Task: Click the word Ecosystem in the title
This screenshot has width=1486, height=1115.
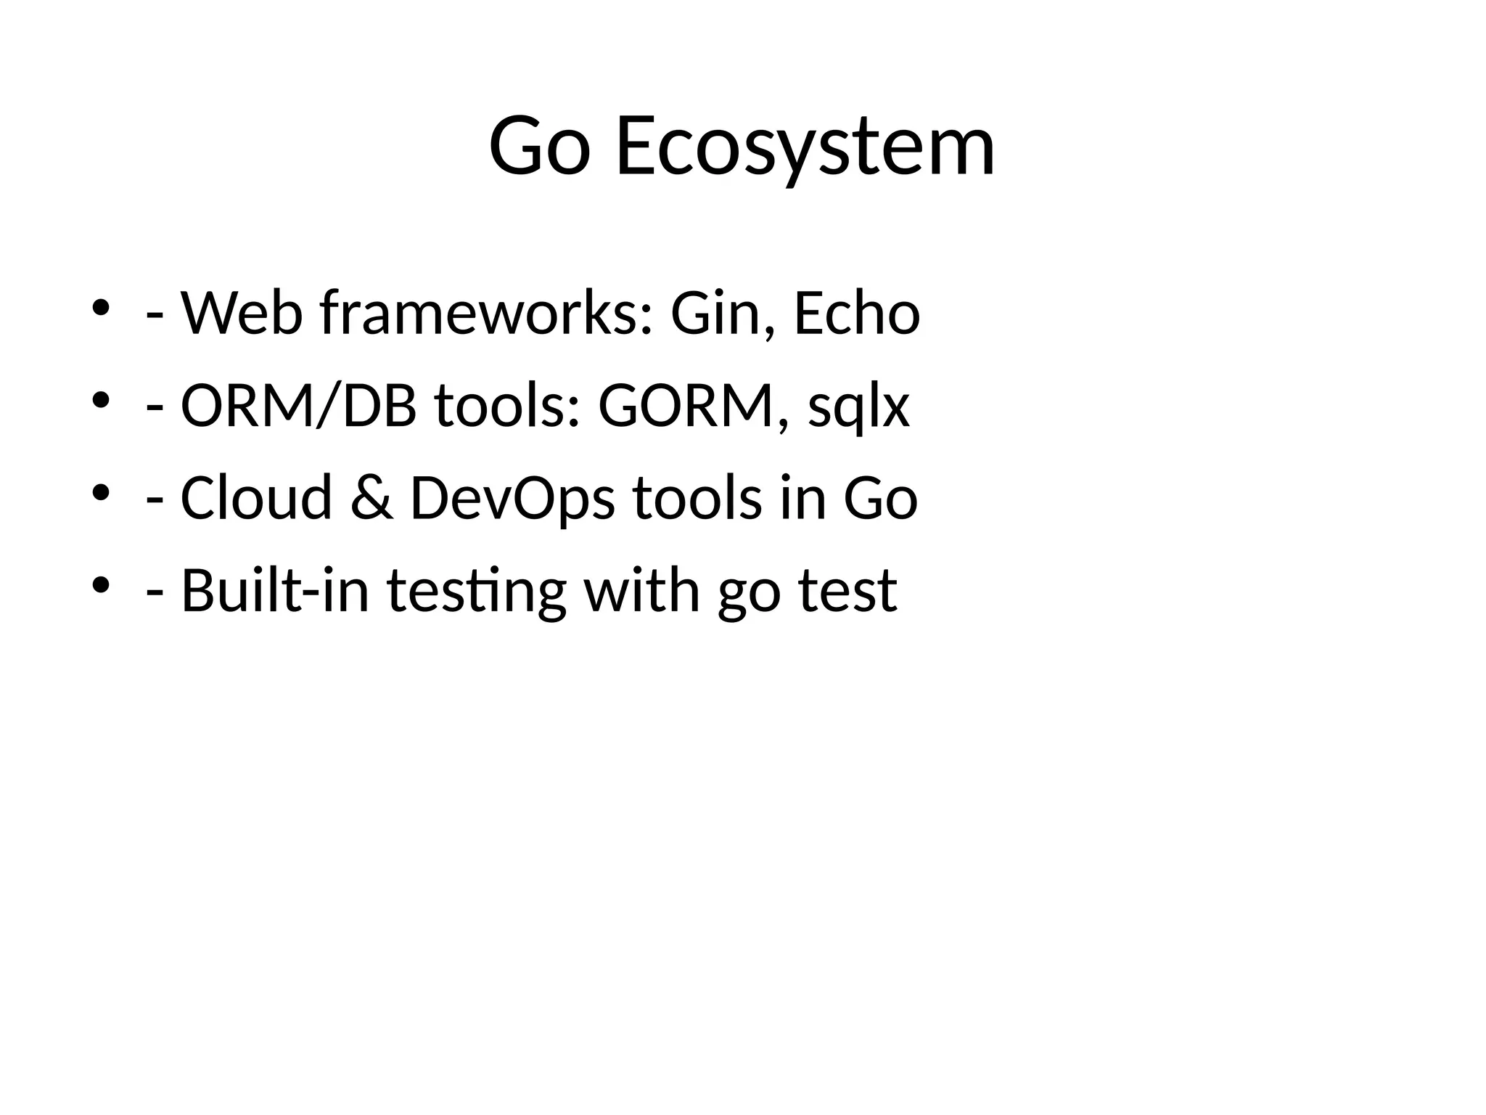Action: [x=805, y=147]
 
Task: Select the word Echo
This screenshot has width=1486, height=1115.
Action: [x=857, y=314]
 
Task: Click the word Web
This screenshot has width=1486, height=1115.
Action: [x=241, y=314]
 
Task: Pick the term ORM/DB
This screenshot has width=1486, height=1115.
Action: [x=298, y=406]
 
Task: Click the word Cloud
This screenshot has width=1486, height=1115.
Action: [x=256, y=498]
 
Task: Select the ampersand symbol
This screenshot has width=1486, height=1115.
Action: [x=371, y=498]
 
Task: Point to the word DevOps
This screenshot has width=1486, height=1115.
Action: [x=512, y=499]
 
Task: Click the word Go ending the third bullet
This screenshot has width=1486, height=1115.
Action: [x=880, y=498]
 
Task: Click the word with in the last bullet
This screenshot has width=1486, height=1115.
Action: [x=641, y=589]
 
